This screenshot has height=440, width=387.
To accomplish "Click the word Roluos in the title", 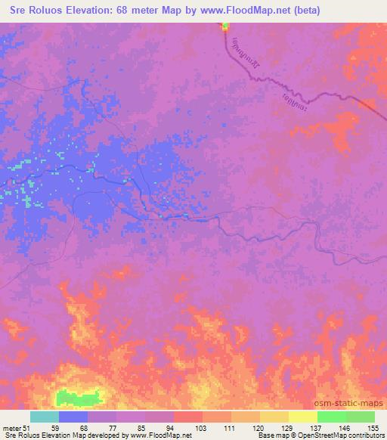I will pos(46,11).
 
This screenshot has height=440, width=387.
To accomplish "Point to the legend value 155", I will pos(373,427).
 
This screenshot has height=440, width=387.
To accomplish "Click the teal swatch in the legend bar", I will pos(45,417).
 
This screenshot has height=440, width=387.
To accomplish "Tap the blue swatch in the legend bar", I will pos(73,417).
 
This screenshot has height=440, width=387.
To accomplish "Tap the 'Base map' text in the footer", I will pos(274,436).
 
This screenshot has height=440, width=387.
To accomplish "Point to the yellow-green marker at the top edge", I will pos(225,28).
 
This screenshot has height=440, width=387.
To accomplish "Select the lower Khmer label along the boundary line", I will pos(291,98).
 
